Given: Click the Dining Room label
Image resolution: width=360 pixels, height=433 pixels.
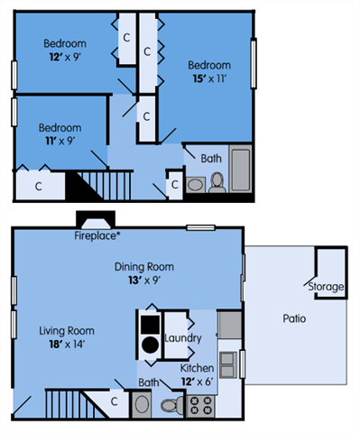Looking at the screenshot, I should [x=143, y=267].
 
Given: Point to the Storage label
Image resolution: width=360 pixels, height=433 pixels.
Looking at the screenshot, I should [x=326, y=287].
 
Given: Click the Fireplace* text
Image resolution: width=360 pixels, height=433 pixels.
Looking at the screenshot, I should [x=97, y=236].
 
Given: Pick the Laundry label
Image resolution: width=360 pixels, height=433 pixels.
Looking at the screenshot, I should [x=183, y=337].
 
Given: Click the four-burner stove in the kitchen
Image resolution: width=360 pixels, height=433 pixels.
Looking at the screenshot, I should [x=198, y=406].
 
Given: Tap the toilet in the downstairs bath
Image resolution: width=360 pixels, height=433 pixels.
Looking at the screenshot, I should [x=172, y=405].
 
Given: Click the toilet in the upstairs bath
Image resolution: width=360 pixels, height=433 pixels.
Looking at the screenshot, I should [x=217, y=182].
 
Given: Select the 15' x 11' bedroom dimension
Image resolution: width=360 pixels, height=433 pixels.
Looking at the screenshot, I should [x=208, y=78].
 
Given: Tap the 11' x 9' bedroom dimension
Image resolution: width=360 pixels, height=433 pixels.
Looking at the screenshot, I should [x=59, y=141].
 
